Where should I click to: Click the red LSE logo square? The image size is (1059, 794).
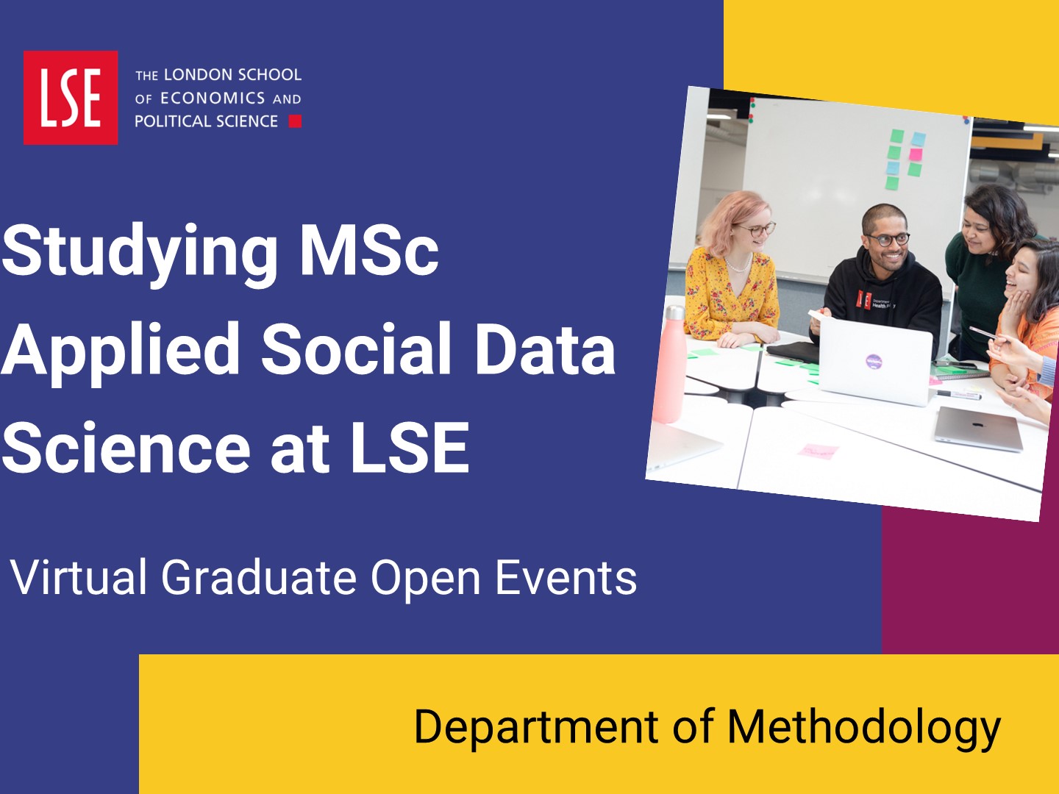pyautogui.click(x=71, y=97)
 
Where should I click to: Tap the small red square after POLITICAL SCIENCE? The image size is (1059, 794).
pyautogui.click(x=295, y=121)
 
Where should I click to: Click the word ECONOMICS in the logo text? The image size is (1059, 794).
pyautogui.click(x=213, y=99)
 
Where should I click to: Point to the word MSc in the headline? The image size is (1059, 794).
pyautogui.click(x=370, y=251)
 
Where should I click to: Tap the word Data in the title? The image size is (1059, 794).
pyautogui.click(x=546, y=348)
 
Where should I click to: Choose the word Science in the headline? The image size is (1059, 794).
pyautogui.click(x=126, y=448)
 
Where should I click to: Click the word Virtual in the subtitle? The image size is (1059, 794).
pyautogui.click(x=79, y=577)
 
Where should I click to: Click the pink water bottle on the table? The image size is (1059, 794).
pyautogui.click(x=671, y=365)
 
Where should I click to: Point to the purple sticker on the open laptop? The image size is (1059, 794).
pyautogui.click(x=874, y=361)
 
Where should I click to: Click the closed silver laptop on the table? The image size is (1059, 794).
pyautogui.click(x=978, y=429)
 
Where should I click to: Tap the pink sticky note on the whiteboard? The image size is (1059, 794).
pyautogui.click(x=916, y=154)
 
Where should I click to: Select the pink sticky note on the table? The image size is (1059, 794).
pyautogui.click(x=819, y=451)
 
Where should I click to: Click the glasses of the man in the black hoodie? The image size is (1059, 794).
pyautogui.click(x=888, y=240)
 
